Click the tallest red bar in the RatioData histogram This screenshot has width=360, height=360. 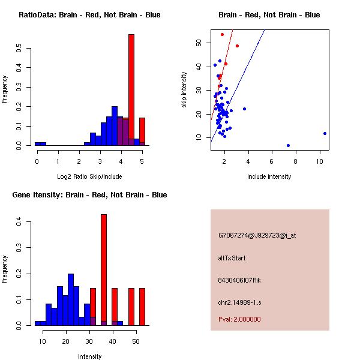(131, 90)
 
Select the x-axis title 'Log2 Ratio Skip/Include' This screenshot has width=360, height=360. (89, 176)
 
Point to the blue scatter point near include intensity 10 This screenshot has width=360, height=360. (325, 133)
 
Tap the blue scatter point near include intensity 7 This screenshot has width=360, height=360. (289, 145)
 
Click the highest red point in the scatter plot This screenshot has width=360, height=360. (222, 34)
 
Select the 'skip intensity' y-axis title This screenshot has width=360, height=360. (185, 90)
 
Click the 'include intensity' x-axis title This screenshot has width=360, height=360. (269, 176)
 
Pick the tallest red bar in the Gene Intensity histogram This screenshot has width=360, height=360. (104, 269)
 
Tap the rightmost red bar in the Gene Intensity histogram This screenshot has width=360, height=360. (142, 307)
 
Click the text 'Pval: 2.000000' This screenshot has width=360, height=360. (239, 319)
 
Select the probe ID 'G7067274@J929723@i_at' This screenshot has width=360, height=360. (257, 235)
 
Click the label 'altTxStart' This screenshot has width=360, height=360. (232, 258)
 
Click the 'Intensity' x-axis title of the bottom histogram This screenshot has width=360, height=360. (89, 356)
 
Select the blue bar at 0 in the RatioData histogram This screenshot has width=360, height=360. (40, 144)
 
